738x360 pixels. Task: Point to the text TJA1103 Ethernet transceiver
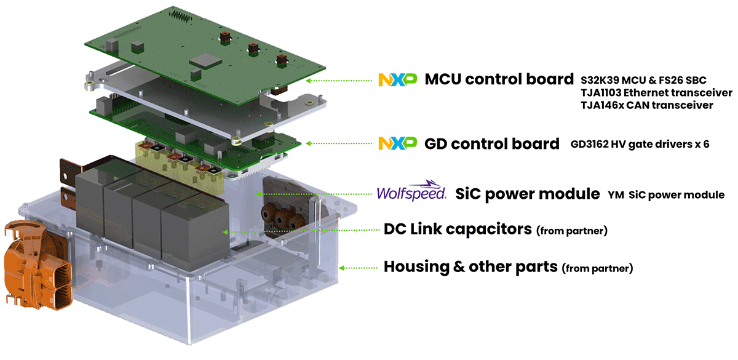pos(656,93)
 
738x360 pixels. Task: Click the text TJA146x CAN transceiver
pos(646,106)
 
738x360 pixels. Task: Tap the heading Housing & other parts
pos(470,267)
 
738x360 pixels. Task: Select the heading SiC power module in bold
pos(527,194)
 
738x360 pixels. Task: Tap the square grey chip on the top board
pos(205,60)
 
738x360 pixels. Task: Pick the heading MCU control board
pos(499,79)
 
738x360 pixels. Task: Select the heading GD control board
pos(492,143)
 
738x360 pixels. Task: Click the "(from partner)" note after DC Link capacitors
pos(572,231)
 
